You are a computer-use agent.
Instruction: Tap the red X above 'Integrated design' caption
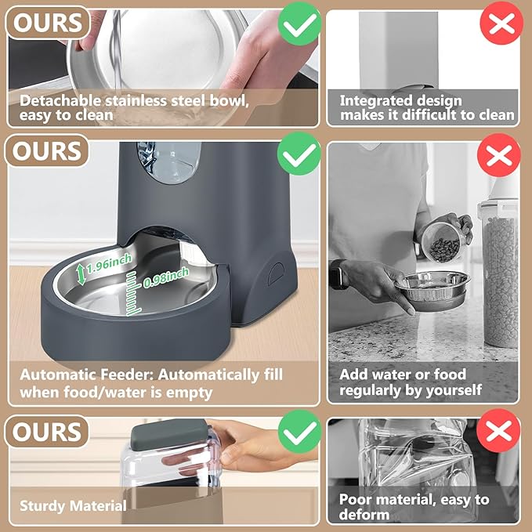point(499,27)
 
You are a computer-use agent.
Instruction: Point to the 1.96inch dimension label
point(109,266)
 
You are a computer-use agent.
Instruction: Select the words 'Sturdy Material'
point(73,505)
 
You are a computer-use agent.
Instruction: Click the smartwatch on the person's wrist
point(337,275)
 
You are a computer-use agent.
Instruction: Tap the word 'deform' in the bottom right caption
point(364,515)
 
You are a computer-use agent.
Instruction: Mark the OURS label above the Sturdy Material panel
point(46,432)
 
